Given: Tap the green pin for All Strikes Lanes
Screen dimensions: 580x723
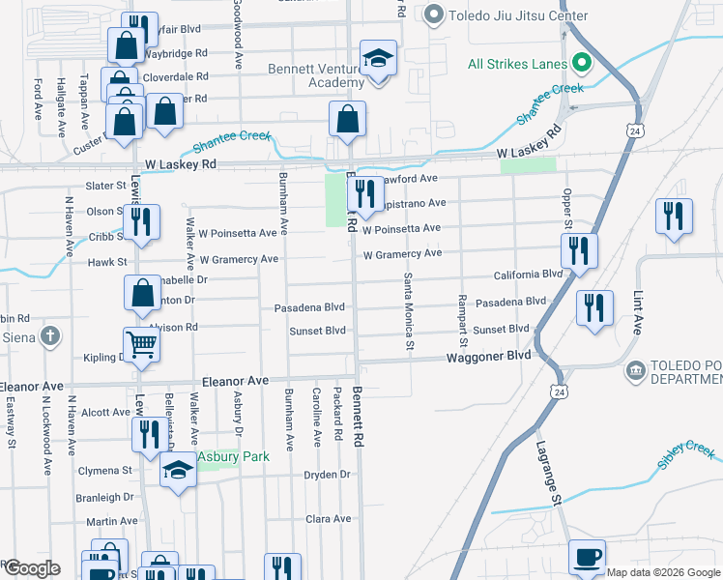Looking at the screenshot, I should [x=581, y=64].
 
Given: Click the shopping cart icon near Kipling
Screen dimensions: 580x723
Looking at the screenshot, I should [x=142, y=344].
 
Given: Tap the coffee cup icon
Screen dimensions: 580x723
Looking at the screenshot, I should [x=587, y=559].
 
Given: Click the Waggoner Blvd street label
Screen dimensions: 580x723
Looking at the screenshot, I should [x=489, y=356].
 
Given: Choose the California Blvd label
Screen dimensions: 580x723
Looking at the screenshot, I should [x=528, y=275].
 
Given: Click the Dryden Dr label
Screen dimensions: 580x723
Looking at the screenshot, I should [x=326, y=475].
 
